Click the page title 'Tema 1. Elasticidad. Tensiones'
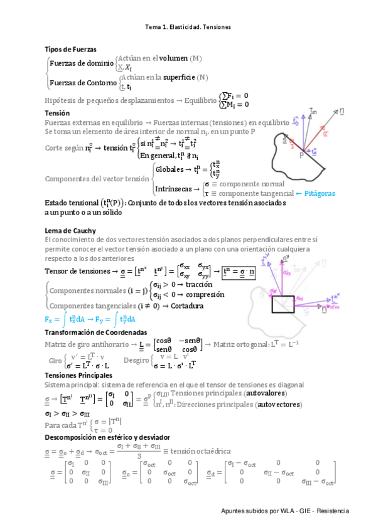tap(188, 27)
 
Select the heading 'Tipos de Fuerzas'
tap(70, 49)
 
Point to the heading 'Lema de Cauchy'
tap(70, 231)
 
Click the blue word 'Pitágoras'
tap(316, 193)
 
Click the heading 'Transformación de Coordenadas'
tap(96, 332)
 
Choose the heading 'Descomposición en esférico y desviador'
tap(107, 437)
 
